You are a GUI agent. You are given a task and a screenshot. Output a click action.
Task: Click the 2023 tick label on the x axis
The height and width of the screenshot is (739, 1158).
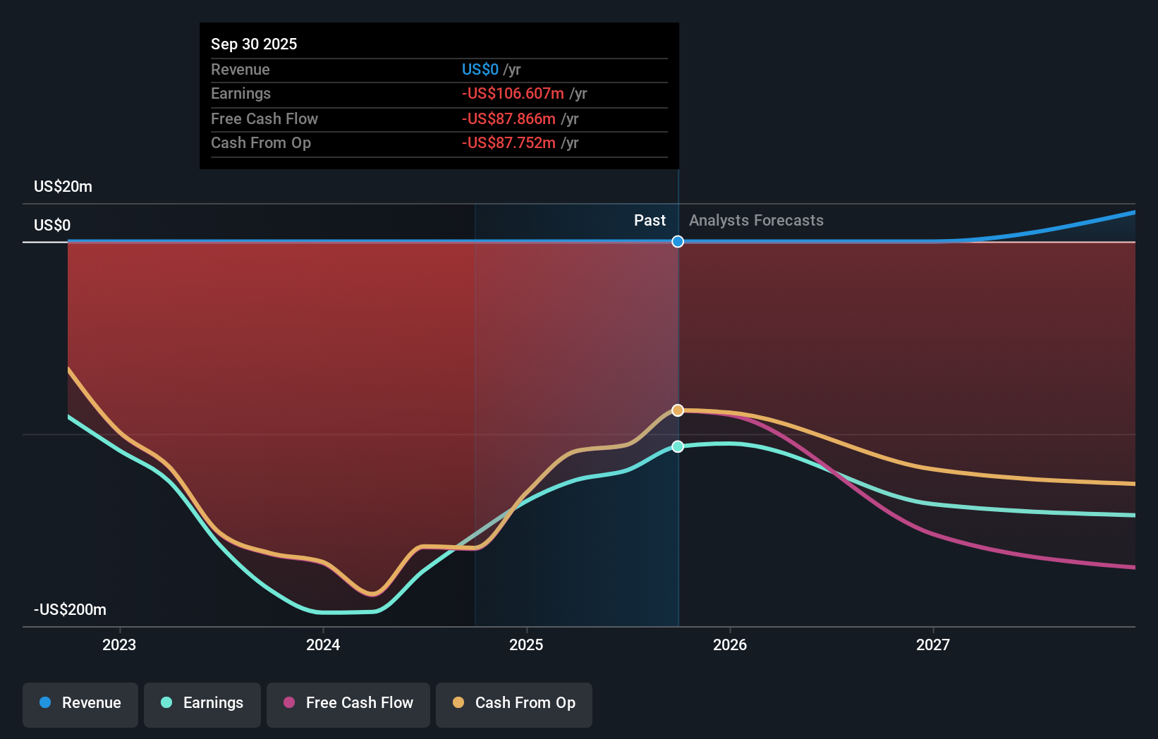pyautogui.click(x=119, y=645)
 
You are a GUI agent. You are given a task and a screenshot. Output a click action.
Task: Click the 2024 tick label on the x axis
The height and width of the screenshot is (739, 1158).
pyautogui.click(x=323, y=645)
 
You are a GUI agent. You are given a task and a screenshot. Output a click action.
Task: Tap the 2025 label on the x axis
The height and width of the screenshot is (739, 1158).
pyautogui.click(x=526, y=645)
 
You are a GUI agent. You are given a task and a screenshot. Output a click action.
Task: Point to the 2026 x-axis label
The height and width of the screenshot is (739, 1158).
pyautogui.click(x=729, y=645)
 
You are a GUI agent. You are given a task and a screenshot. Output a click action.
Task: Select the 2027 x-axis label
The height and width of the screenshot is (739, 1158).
pyautogui.click(x=932, y=645)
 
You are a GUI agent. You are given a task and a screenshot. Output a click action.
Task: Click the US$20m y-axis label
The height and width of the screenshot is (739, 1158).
pyautogui.click(x=63, y=186)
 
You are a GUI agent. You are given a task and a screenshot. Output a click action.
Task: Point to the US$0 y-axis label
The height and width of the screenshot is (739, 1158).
pyautogui.click(x=52, y=225)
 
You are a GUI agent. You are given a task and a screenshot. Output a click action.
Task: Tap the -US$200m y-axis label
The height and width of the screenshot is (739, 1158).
pyautogui.click(x=70, y=609)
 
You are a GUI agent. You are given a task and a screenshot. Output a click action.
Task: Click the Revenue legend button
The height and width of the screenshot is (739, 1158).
pyautogui.click(x=80, y=703)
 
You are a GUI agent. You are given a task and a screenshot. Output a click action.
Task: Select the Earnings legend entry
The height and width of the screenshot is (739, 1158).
pyautogui.click(x=202, y=703)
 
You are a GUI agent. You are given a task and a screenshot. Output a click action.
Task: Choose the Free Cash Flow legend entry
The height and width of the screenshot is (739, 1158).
pyautogui.click(x=348, y=703)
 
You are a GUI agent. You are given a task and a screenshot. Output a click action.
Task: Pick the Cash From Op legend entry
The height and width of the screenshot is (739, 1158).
pyautogui.click(x=514, y=703)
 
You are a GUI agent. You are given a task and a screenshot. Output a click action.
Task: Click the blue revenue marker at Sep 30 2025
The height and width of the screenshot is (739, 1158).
pyautogui.click(x=678, y=242)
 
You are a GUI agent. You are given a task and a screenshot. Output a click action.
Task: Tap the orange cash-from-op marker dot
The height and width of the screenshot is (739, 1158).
pyautogui.click(x=678, y=410)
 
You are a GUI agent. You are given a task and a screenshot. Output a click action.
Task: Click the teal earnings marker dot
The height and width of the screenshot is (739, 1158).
pyautogui.click(x=678, y=446)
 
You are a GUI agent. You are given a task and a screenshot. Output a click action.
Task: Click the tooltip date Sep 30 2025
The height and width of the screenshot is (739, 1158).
pyautogui.click(x=254, y=44)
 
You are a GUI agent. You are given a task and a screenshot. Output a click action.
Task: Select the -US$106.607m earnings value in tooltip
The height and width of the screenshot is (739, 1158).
pyautogui.click(x=513, y=94)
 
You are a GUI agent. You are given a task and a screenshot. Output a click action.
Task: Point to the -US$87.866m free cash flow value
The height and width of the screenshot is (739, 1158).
pyautogui.click(x=508, y=118)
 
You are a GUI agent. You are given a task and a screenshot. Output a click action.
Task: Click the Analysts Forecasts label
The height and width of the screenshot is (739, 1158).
pyautogui.click(x=756, y=221)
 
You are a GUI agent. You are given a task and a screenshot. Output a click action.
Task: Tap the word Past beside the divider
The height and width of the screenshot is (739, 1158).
pyautogui.click(x=650, y=221)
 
